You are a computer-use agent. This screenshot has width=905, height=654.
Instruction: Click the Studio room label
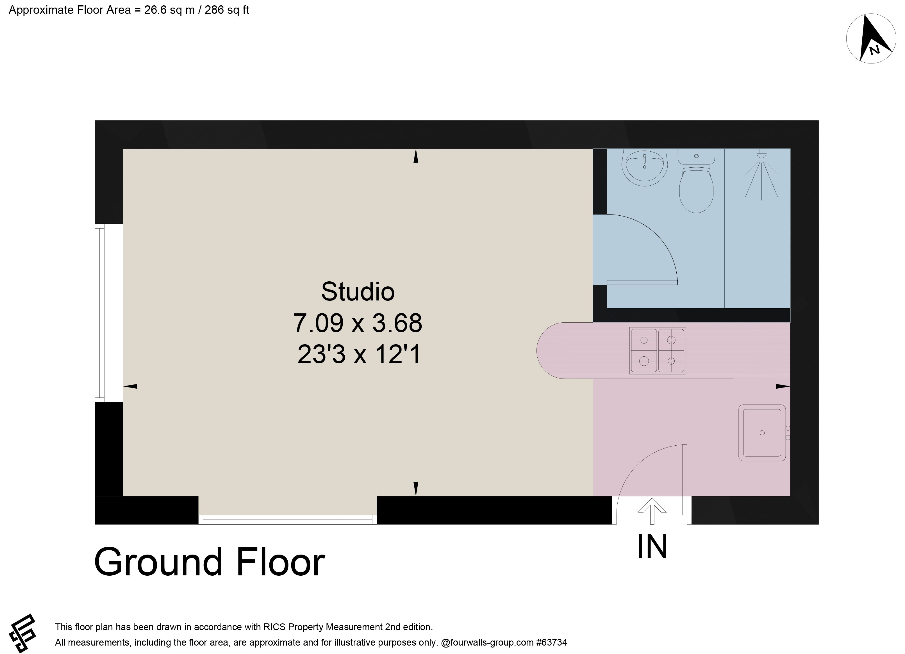tap(358, 292)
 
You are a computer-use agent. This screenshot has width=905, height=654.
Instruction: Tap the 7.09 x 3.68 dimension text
tap(358, 323)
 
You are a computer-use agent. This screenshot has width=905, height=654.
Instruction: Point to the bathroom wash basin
tap(644, 168)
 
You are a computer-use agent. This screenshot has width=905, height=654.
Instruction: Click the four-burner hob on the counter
tap(657, 350)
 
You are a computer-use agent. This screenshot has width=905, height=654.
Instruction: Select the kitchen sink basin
tap(761, 432)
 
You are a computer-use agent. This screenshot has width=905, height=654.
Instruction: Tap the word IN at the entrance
tap(652, 547)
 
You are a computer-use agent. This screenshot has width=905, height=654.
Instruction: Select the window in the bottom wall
tap(287, 519)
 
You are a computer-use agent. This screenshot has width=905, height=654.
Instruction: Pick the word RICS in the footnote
tap(274, 627)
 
